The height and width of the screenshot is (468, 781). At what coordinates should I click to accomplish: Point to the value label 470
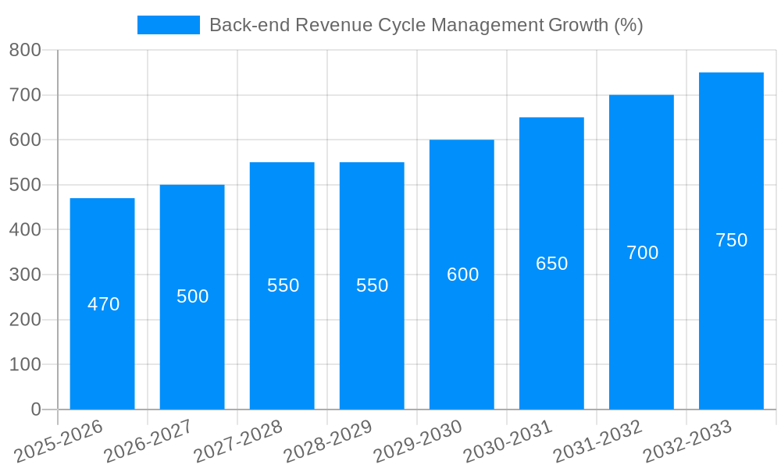pyautogui.click(x=103, y=304)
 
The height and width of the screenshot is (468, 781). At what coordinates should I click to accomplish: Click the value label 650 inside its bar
pyautogui.click(x=551, y=264)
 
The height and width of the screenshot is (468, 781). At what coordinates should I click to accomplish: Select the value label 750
pyautogui.click(x=731, y=240)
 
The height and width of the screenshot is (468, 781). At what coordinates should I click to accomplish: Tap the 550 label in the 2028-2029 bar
pyautogui.click(x=372, y=285)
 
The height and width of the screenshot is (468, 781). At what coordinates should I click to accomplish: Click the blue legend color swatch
pyautogui.click(x=168, y=25)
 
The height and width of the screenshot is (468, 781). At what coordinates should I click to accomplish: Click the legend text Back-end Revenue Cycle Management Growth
pyautogui.click(x=426, y=25)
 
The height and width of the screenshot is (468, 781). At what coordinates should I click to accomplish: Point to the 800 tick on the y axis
pyautogui.click(x=25, y=51)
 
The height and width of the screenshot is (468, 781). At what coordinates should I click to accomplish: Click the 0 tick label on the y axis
pyautogui.click(x=35, y=409)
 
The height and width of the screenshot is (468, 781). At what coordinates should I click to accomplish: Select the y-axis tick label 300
pyautogui.click(x=25, y=275)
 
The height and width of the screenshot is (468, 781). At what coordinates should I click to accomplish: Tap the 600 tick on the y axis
pyautogui.click(x=25, y=140)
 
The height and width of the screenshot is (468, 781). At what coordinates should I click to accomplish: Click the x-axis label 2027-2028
pyautogui.click(x=239, y=441)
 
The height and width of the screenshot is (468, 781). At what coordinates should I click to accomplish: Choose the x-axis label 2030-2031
pyautogui.click(x=508, y=441)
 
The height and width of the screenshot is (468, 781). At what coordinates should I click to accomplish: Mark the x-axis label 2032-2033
pyautogui.click(x=688, y=441)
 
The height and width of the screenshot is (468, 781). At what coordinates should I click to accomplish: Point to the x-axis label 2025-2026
pyautogui.click(x=59, y=441)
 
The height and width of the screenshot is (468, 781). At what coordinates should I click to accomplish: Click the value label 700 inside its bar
pyautogui.click(x=642, y=253)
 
